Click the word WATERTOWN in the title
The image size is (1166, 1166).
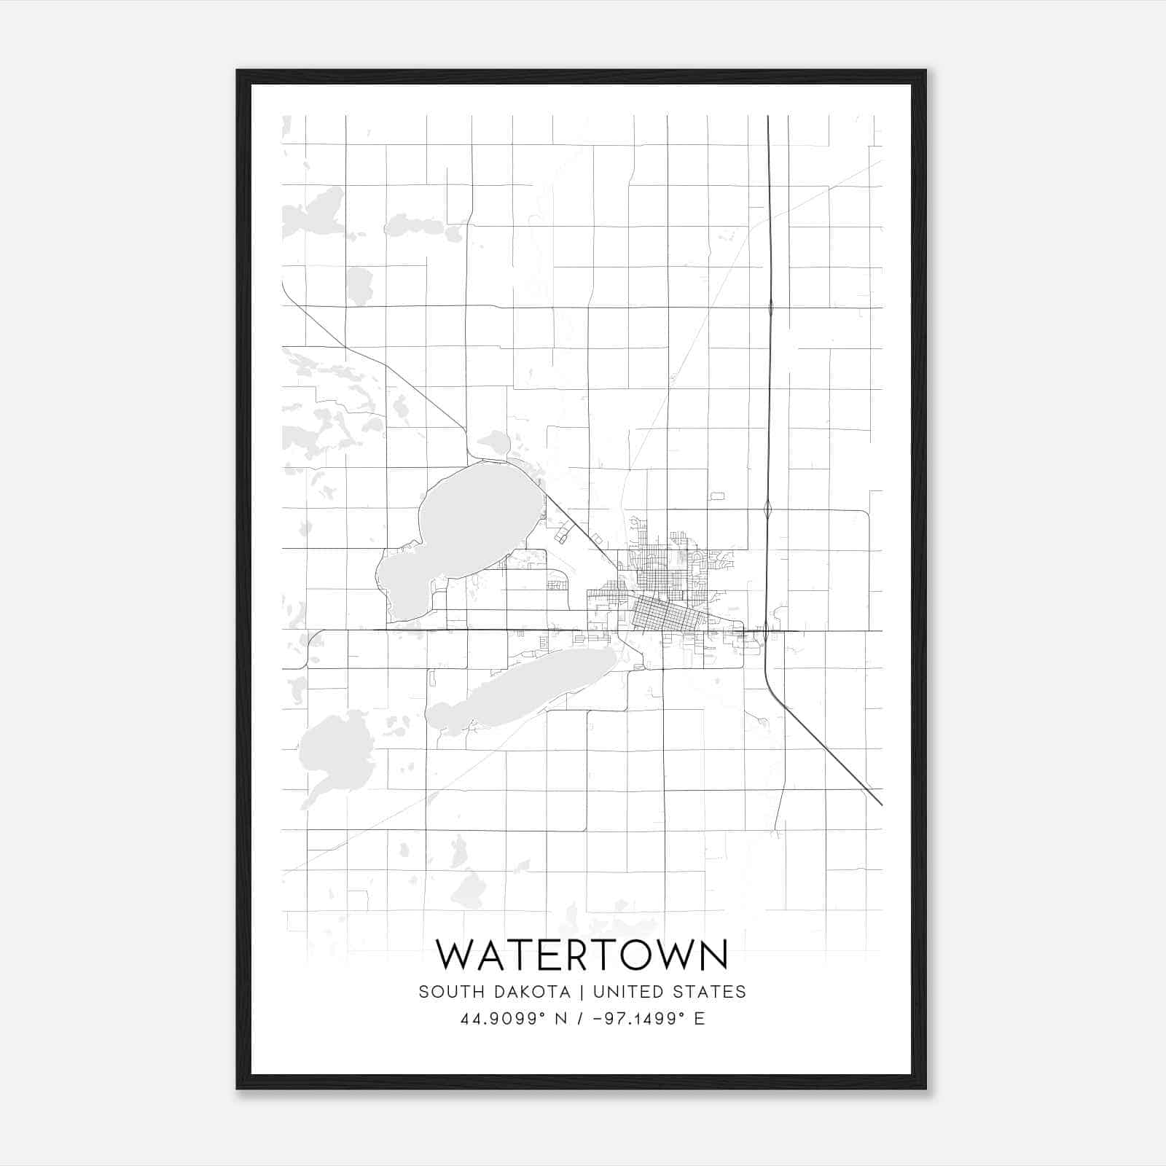[582, 954]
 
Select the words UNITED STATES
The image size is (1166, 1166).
[669, 992]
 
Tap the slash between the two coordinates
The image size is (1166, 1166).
[580, 1019]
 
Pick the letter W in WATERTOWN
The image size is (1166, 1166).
[455, 954]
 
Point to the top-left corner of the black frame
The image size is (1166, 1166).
[238, 71]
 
